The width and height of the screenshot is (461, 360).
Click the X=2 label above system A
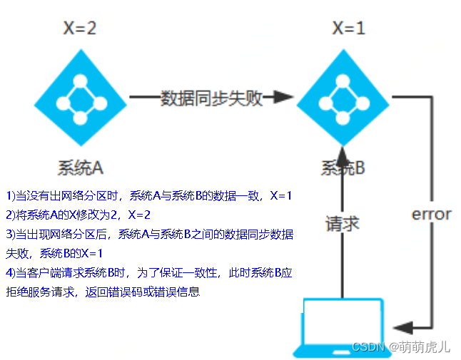point(80,29)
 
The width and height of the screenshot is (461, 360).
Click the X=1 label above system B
point(348,29)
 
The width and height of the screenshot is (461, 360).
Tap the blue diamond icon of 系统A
point(81,98)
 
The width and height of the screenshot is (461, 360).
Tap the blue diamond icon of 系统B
point(343,98)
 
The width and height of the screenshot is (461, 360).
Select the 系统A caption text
point(80,168)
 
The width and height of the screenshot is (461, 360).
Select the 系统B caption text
point(343,168)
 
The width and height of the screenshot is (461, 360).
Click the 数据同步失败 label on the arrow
point(211,98)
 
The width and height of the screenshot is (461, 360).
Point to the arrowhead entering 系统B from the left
point(283,97)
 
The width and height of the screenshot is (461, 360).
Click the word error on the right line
point(431,215)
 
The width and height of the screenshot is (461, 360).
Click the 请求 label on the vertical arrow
point(343,224)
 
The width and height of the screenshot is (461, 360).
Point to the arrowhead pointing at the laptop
point(402,327)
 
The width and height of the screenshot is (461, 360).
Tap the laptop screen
point(343,322)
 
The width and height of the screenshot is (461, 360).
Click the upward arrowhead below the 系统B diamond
point(343,157)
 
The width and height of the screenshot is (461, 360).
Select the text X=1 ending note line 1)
point(281,196)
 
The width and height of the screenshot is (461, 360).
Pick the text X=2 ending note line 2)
point(139,215)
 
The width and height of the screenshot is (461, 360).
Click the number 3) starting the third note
point(11,235)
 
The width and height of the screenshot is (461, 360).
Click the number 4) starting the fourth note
point(11,273)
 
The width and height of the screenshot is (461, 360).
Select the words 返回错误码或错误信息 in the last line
point(143,292)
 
